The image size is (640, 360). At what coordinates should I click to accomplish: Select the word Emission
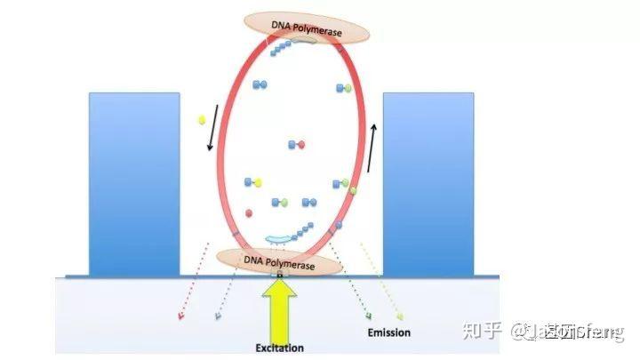click(x=388, y=332)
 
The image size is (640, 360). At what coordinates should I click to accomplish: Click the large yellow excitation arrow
click(x=278, y=307)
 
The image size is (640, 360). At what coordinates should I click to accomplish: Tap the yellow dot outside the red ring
click(x=203, y=118)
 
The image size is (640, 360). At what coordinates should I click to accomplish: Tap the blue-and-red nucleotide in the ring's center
click(x=296, y=144)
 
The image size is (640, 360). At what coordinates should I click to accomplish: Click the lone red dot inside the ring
click(x=249, y=213)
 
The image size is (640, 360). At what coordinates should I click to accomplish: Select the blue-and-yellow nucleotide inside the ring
click(x=254, y=182)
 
